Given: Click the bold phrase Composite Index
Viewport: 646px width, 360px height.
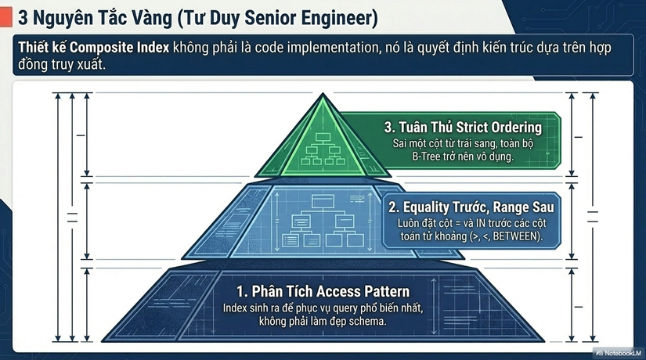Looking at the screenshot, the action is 120,48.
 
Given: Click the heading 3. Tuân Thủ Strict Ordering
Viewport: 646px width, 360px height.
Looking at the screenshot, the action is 463,128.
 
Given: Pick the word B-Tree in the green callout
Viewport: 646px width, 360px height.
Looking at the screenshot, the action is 426,157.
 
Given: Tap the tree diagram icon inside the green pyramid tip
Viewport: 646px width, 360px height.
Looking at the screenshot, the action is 323,149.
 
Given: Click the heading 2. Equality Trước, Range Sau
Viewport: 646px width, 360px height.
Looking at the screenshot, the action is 471,207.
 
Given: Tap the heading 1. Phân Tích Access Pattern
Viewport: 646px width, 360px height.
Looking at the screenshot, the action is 323,292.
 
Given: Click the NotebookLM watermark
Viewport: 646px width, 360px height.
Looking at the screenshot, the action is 619,353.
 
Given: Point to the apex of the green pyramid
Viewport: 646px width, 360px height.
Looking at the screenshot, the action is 323,93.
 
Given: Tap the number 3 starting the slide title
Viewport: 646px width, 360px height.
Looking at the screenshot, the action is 23,18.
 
